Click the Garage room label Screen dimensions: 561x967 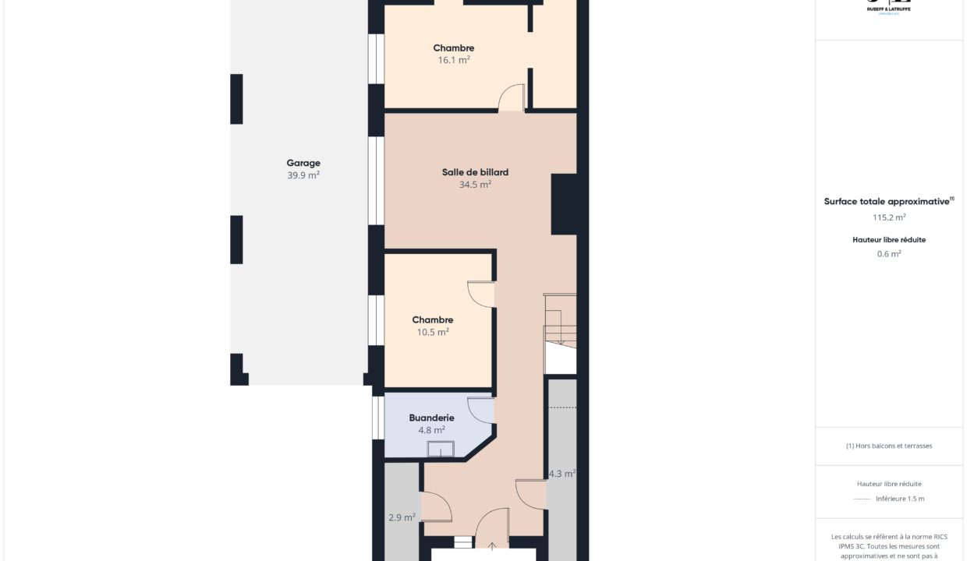point(303,163)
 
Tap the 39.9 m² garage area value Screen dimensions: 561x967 point(303,175)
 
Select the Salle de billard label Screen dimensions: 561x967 point(475,172)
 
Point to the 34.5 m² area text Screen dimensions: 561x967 point(475,185)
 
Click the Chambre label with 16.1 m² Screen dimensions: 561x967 point(454,48)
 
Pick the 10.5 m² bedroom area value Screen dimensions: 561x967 point(433,332)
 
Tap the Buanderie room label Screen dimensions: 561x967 point(431,418)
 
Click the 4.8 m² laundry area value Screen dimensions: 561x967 point(431,429)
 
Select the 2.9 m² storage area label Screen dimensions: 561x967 point(402,517)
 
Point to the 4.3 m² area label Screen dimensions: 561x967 point(561,473)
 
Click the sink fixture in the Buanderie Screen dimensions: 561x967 point(441,449)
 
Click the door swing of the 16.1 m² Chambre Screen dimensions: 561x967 point(512,97)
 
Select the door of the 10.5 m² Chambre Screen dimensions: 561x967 point(481,294)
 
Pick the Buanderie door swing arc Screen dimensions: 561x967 point(481,410)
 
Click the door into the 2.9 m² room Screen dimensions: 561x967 point(436,507)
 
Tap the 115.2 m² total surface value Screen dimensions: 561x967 point(889,217)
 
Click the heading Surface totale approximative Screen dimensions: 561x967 point(887,201)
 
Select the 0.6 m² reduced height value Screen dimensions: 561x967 point(889,253)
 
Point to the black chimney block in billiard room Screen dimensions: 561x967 point(564,204)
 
